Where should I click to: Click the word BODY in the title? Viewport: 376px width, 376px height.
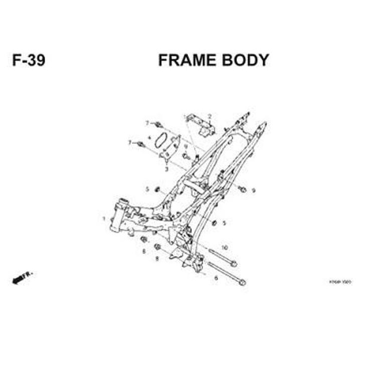click(247, 60)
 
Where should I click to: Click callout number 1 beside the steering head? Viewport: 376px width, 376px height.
click(104, 219)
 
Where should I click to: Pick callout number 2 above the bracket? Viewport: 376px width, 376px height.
click(210, 116)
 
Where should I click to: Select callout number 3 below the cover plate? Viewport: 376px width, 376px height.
click(166, 169)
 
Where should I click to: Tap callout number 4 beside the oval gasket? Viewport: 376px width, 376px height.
click(149, 137)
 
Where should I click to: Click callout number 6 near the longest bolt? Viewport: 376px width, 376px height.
click(216, 278)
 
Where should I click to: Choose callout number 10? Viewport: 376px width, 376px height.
click(224, 248)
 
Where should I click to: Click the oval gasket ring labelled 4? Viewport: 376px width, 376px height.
click(160, 140)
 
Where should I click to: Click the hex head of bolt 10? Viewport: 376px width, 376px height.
click(234, 264)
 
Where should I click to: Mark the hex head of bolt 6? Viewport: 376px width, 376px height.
click(242, 282)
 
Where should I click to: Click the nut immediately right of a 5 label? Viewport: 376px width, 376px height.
click(157, 189)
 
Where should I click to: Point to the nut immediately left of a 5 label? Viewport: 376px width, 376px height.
click(214, 223)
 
